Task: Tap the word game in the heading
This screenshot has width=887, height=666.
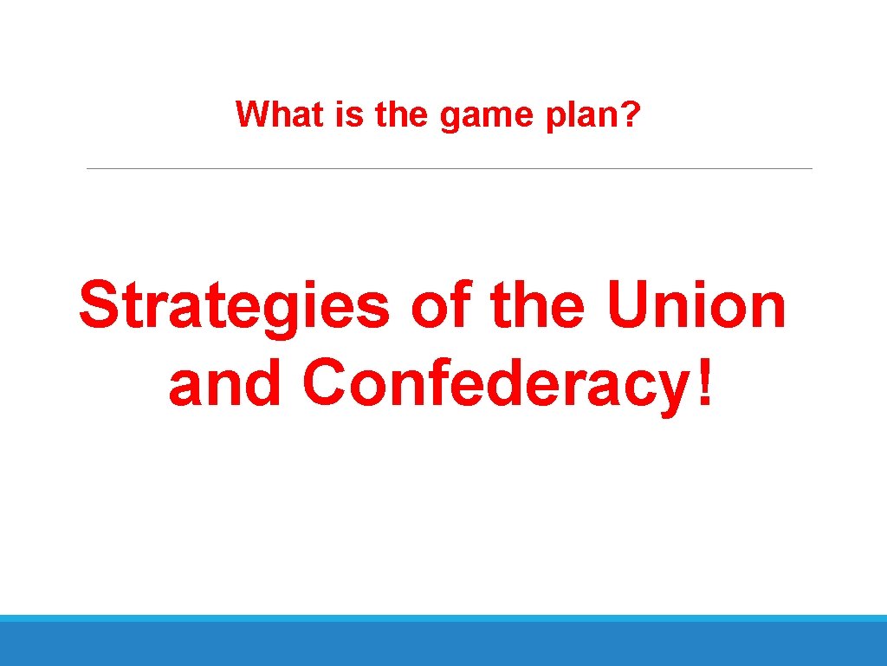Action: click(479, 116)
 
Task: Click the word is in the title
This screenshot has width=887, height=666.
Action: click(351, 114)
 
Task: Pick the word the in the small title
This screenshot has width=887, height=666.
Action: click(403, 114)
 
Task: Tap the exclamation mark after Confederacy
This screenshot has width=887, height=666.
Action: click(706, 382)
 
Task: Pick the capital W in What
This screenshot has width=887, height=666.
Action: click(252, 114)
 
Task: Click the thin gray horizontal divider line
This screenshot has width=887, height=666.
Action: click(450, 168)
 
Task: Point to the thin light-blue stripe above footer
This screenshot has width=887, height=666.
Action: click(443, 618)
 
